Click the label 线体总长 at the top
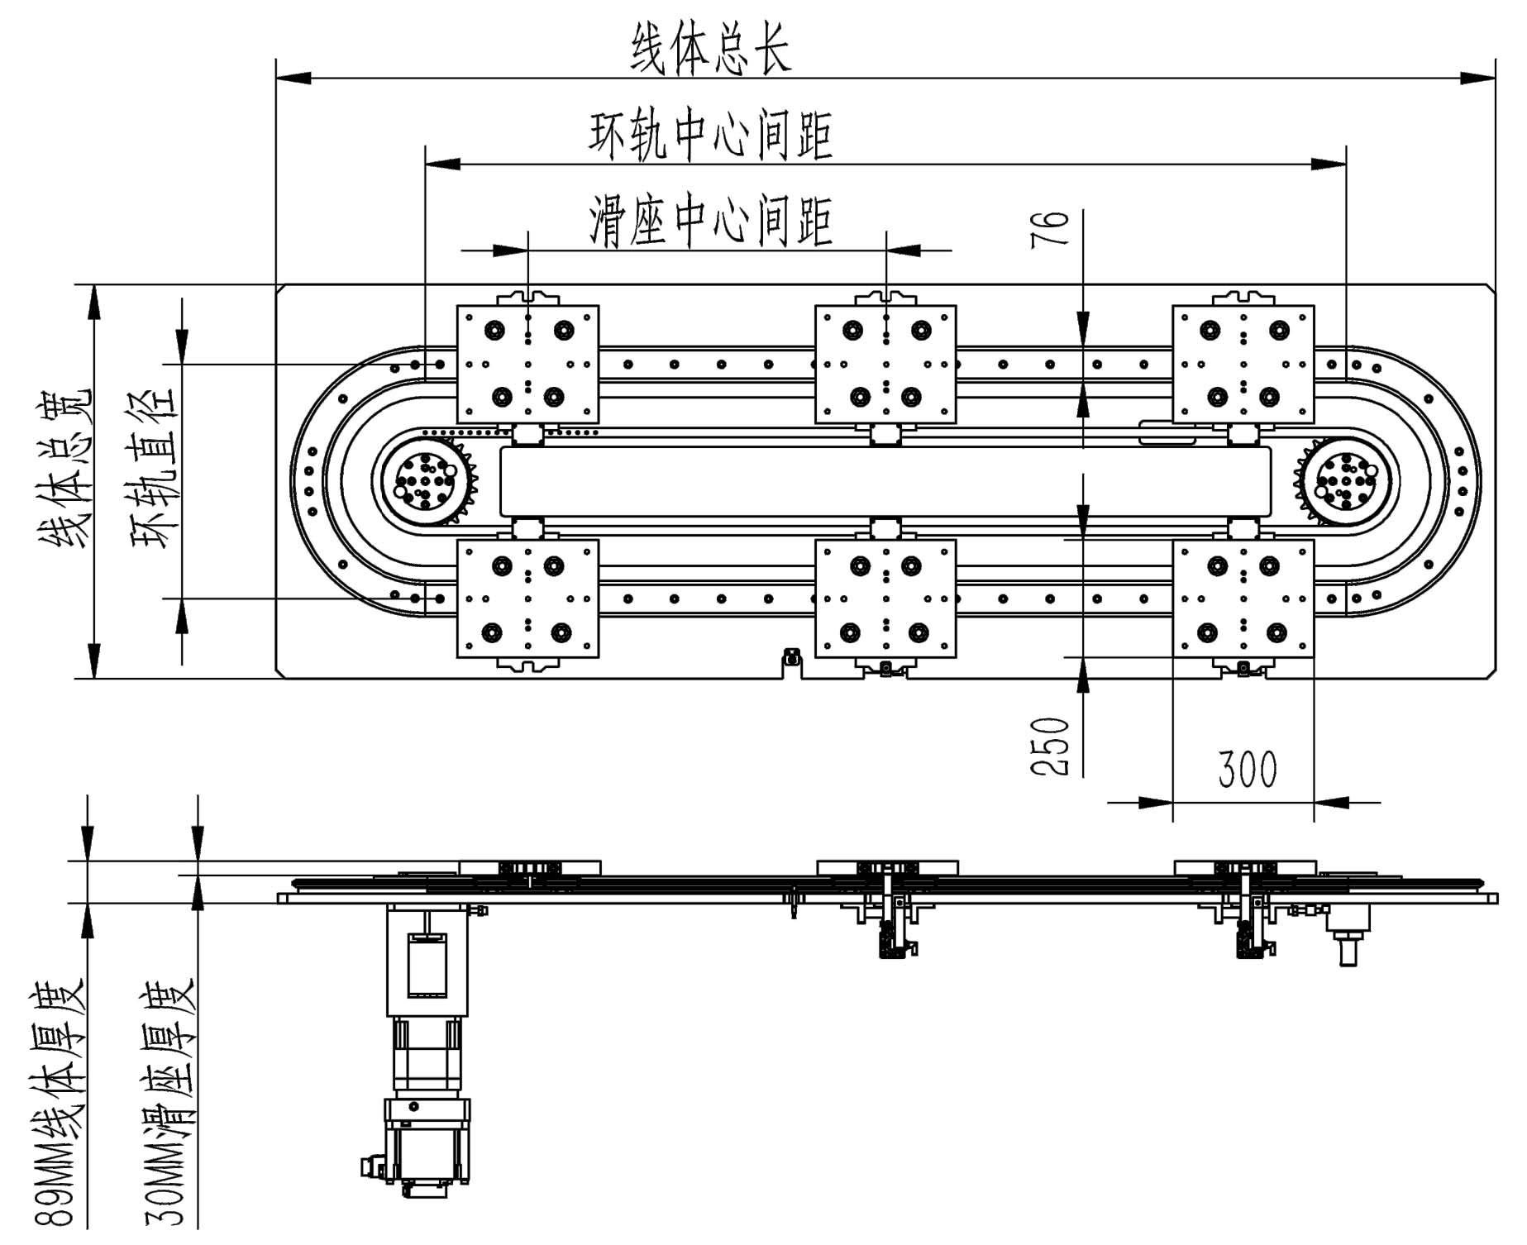coord(711,48)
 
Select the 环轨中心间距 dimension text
coord(711,135)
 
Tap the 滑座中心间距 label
coord(711,221)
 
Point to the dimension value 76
coord(1050,228)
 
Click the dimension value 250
coord(1050,746)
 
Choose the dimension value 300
coord(1248,770)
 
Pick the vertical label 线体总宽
coord(66,467)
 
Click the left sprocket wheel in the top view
coord(424,480)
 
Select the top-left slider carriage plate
coord(527,364)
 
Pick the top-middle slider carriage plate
coord(885,364)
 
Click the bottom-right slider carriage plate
coord(1243,599)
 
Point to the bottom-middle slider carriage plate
coord(885,599)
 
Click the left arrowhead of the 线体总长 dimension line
coord(293,79)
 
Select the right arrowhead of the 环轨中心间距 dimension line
coord(1329,165)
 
